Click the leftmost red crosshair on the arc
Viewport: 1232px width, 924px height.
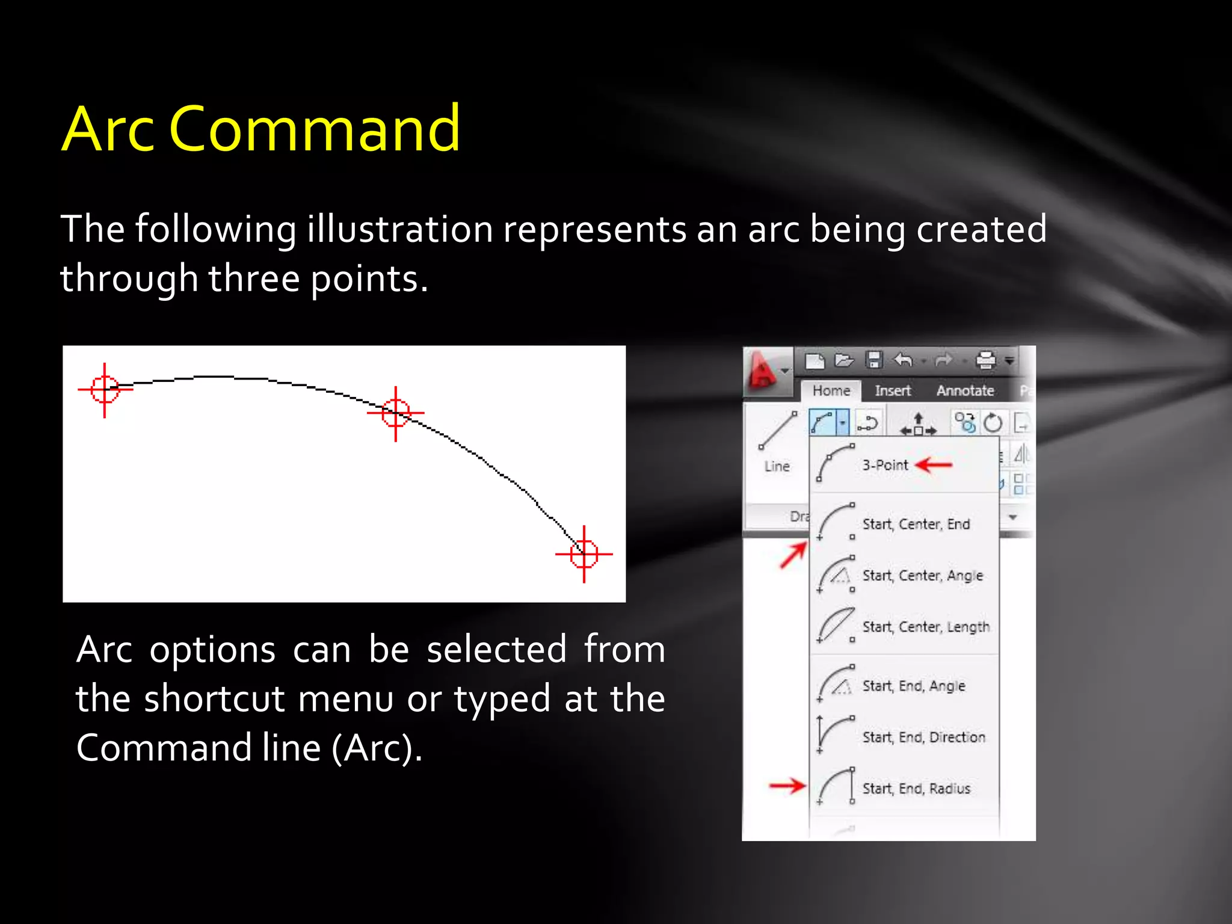[x=105, y=389]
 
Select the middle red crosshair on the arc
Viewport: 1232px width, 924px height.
[x=396, y=413]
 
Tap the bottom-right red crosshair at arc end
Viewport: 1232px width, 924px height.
[x=584, y=554]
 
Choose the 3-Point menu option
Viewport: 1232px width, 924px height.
[x=885, y=465]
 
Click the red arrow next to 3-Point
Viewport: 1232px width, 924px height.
[x=934, y=465]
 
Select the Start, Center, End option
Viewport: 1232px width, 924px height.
[x=916, y=524]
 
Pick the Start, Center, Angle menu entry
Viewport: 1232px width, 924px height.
[x=922, y=576]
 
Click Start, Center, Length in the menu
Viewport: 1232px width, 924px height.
[x=925, y=627]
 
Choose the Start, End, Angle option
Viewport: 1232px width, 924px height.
[x=913, y=686]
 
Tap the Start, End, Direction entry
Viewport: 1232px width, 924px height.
[x=923, y=737]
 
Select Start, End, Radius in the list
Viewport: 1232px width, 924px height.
[x=916, y=789]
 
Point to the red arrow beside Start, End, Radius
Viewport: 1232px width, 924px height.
[x=787, y=785]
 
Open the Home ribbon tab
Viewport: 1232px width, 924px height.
[x=831, y=391]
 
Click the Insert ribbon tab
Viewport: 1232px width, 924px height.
[x=893, y=391]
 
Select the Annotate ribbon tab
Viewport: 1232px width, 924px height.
[x=965, y=391]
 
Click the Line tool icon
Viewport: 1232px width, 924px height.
[x=777, y=431]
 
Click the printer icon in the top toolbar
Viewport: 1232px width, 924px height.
[x=986, y=360]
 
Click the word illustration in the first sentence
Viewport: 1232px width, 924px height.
[x=400, y=230]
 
